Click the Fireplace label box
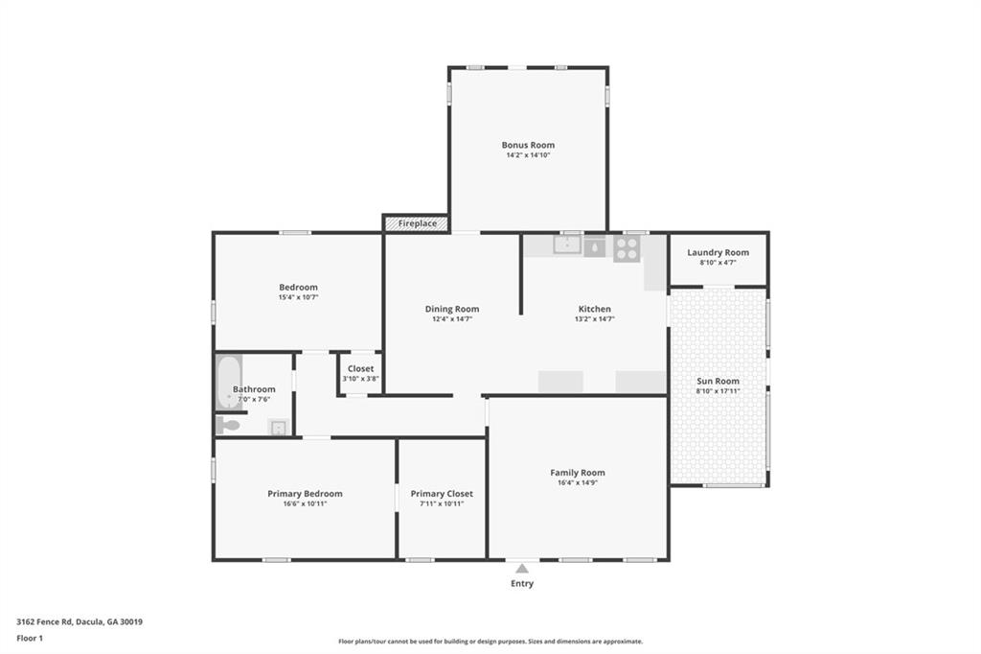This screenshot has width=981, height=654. tap(417, 223)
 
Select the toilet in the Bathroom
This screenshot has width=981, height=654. tap(228, 425)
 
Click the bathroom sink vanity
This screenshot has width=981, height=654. tap(278, 428)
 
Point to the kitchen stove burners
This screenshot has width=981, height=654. tap(627, 248)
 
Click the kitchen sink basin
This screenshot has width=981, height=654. tap(567, 245)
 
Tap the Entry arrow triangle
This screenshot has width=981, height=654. tap(522, 569)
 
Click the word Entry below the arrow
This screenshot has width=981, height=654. tap(522, 583)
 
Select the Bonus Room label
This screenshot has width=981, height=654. tap(528, 145)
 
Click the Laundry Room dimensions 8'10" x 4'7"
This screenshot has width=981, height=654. tap(718, 262)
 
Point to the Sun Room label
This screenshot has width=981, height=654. tap(718, 381)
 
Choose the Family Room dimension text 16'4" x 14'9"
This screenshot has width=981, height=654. tap(577, 482)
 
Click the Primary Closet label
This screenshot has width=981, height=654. tap(442, 494)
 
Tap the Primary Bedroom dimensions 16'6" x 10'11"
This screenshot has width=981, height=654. tap(305, 503)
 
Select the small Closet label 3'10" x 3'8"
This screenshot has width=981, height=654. tap(361, 378)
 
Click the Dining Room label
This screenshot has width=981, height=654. tap(452, 309)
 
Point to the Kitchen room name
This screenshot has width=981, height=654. tap(594, 309)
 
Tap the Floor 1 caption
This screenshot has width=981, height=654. tap(31, 638)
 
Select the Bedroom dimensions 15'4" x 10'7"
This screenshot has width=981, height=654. tap(298, 297)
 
